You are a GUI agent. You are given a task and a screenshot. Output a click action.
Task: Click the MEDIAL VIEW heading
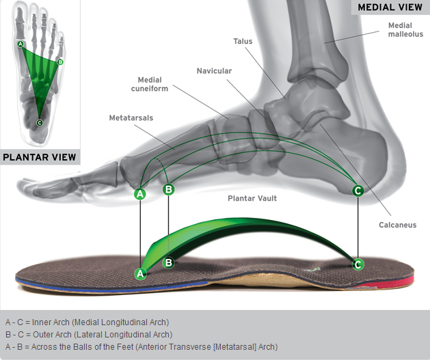pos(390,7)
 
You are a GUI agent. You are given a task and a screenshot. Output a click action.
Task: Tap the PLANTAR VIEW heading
pos(40,157)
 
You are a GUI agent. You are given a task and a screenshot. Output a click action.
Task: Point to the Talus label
pos(243,41)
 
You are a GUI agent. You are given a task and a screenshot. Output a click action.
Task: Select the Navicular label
pos(214,71)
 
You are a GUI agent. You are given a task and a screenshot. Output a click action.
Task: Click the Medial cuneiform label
pos(150,84)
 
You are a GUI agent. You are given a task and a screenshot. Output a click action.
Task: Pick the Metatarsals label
pos(131,117)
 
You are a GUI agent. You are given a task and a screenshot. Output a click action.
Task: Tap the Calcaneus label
pos(398,225)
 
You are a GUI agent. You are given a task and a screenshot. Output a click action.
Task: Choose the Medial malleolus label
pos(405,29)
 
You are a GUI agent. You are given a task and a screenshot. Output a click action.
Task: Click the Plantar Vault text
pos(252,198)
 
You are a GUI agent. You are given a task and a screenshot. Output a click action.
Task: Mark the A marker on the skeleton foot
pos(140,194)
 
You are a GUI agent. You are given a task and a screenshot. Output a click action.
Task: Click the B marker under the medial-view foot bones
pos(168,189)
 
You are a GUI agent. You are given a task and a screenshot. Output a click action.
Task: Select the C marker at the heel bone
pos(358,191)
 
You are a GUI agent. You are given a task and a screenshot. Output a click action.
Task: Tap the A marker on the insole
pos(140,273)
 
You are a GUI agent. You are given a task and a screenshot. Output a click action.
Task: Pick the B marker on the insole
pos(168,263)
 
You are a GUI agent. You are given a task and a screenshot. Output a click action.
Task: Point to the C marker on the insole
pos(358,264)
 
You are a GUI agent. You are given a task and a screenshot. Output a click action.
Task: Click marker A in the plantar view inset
pos(21,44)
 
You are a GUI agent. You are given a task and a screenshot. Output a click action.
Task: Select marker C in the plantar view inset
pos(40,123)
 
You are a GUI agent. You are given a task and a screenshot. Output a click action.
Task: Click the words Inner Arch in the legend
pos(51,322)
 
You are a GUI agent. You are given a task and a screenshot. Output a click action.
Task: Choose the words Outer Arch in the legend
pos(52,335)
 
